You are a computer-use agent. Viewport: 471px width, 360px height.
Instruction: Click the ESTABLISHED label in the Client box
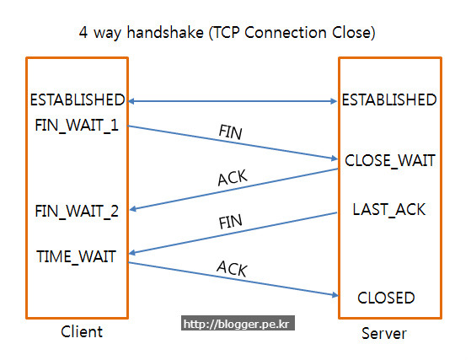pos(78,99)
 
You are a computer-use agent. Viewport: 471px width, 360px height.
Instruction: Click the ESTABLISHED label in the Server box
pos(388,99)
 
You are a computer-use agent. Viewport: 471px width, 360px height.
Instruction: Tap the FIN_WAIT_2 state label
pos(78,210)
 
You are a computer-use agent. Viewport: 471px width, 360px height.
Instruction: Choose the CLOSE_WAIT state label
pos(388,160)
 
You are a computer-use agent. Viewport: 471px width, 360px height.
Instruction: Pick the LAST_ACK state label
pos(388,208)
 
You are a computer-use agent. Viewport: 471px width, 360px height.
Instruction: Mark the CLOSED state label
pos(386,298)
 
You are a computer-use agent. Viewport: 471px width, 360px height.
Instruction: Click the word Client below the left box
pos(82,331)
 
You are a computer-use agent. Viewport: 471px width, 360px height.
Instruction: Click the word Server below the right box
pos(383,333)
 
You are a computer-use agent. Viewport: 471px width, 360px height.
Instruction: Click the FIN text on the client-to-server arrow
pos(231,133)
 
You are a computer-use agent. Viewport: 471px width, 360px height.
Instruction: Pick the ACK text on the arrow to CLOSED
pos(232,268)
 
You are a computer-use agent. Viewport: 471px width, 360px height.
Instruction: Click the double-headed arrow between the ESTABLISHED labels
pos(233,101)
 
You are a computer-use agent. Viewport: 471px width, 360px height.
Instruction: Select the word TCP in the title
pos(246,34)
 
